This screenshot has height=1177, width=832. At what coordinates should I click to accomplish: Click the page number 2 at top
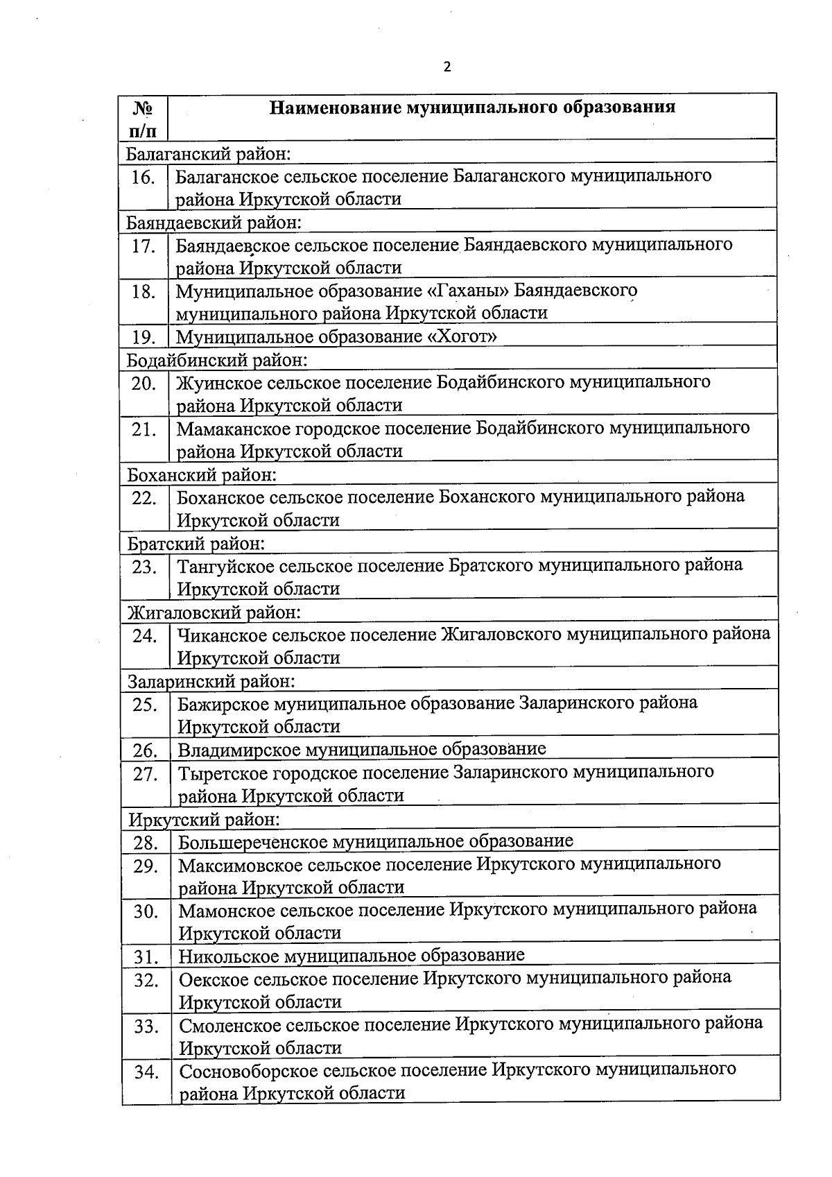coord(447,67)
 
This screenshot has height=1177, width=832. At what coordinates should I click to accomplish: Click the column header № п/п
coord(142,119)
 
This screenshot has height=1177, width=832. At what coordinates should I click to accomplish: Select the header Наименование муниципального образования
coord(472,108)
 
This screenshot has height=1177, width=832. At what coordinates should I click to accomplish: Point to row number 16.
coord(143,177)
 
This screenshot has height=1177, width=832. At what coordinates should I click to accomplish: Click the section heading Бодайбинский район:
coord(216,360)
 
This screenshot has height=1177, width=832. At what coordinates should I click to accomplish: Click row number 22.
coord(144,498)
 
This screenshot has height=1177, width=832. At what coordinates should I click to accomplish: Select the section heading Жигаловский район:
coord(214,612)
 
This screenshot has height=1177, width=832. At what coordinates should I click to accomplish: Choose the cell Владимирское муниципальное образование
coord(362,750)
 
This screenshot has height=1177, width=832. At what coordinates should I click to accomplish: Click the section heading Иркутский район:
coord(204,820)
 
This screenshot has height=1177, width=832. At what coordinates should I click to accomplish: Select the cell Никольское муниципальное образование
coord(352,956)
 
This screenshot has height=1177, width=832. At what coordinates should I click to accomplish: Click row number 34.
coord(146,1072)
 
